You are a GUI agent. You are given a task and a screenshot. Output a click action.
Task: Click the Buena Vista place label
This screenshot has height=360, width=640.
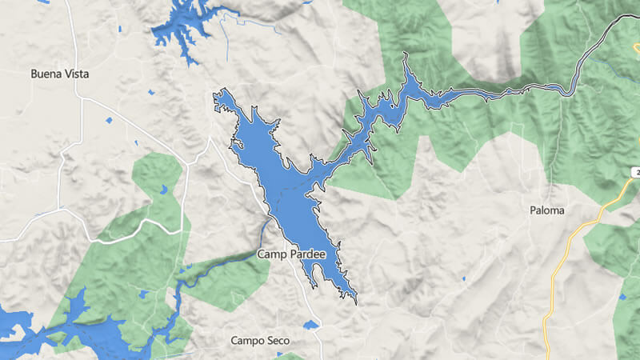(x=59, y=74)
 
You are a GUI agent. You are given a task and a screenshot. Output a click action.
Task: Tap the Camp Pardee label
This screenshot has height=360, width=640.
(x=292, y=254)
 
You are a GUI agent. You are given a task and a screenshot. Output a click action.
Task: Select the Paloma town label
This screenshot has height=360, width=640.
(x=547, y=210)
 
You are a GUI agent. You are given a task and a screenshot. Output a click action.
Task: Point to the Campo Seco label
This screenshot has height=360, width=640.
(x=258, y=340)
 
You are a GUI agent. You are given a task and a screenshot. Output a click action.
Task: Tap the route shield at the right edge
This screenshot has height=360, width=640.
(x=634, y=172)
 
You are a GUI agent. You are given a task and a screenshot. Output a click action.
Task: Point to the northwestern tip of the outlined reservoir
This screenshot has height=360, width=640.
(x=216, y=95)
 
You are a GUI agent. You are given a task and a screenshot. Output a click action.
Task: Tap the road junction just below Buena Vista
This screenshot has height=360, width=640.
(x=82, y=98)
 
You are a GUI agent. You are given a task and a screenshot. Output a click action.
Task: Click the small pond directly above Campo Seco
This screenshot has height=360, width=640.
(x=310, y=325)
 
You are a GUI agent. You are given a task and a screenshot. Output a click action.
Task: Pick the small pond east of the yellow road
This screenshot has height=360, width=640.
(x=622, y=297)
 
